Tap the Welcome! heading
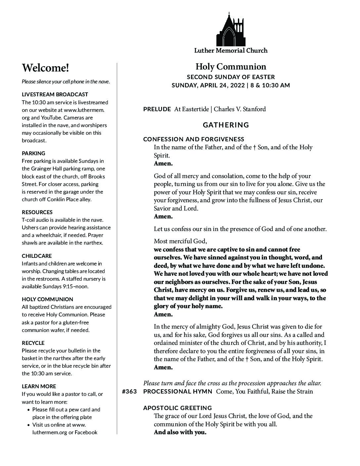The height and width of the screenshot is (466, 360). (x=45, y=68)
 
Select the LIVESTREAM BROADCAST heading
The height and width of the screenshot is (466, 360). (x=55, y=94)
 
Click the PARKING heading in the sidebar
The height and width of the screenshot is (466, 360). (x=33, y=153)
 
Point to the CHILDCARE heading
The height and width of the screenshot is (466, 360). (x=37, y=256)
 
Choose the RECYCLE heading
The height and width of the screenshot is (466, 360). (x=33, y=343)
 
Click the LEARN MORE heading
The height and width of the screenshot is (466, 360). (x=39, y=386)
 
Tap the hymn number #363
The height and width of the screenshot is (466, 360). (x=129, y=392)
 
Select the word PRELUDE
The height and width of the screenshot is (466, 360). (x=157, y=109)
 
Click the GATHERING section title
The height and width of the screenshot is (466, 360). (x=226, y=125)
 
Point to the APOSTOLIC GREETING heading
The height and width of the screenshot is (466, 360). (x=177, y=408)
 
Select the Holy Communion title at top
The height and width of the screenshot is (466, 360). (x=231, y=67)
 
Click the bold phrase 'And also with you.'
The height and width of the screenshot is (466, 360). (x=180, y=432)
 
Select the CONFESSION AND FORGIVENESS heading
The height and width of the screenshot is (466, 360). (x=194, y=139)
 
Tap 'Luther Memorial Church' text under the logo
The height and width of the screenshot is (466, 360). (x=231, y=51)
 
